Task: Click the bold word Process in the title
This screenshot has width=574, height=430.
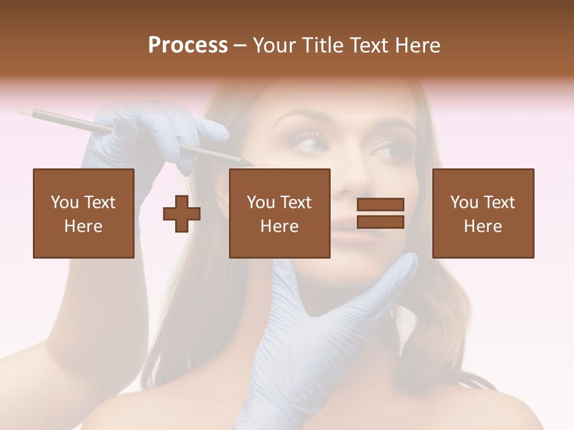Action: [188, 45]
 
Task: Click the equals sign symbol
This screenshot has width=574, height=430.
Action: [380, 213]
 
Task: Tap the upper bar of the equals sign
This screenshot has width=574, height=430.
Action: [380, 205]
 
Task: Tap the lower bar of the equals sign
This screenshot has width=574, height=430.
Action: [380, 222]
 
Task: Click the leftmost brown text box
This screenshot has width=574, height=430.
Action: [84, 213]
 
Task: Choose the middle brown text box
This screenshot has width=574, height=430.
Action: [280, 213]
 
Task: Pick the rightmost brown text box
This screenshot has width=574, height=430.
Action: [483, 213]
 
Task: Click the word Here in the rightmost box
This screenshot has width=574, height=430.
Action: [483, 226]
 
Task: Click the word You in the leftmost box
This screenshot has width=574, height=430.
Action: [65, 202]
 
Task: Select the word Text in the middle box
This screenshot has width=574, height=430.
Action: [295, 202]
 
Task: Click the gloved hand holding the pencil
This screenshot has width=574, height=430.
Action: [143, 134]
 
